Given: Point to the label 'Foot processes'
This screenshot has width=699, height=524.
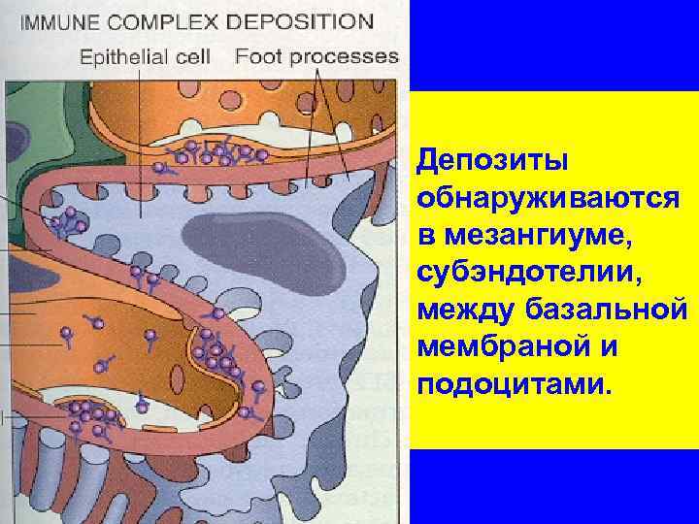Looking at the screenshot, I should [316, 55].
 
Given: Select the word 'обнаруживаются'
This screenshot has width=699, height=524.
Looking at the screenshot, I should [548, 198].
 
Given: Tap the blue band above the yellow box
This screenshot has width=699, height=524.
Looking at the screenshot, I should [553, 44].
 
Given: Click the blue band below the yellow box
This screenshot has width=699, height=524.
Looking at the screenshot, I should [553, 485].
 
